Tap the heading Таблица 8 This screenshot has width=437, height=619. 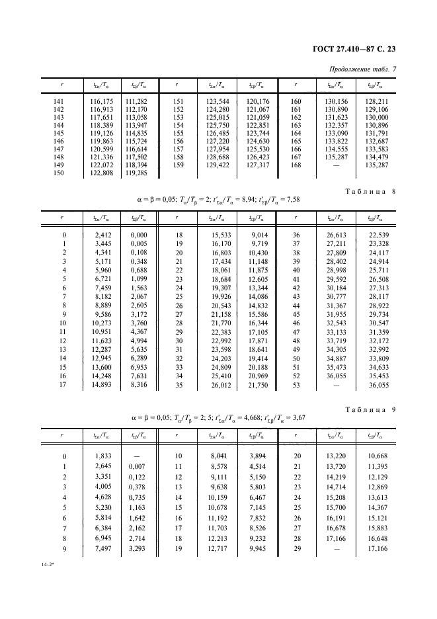click(x=371, y=192)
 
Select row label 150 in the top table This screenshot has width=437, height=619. click(x=58, y=172)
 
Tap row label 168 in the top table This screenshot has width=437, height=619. click(x=296, y=164)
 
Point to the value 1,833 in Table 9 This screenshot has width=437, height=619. click(x=102, y=456)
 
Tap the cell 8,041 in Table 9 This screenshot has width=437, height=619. click(x=218, y=456)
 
